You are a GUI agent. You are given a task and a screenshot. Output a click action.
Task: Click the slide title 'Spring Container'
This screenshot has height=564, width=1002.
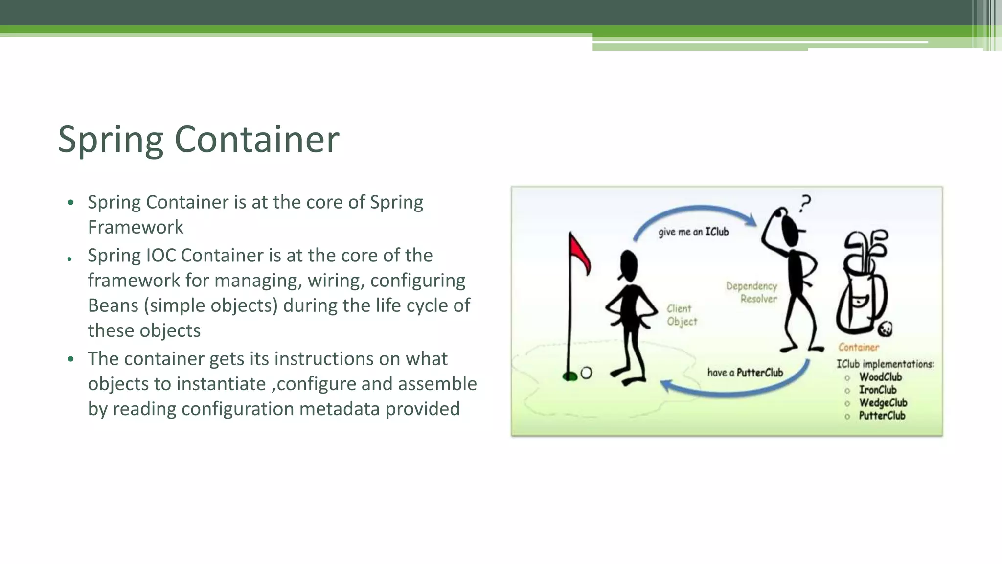tap(198, 140)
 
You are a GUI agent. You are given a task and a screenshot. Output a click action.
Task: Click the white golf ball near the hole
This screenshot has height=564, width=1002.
tap(586, 374)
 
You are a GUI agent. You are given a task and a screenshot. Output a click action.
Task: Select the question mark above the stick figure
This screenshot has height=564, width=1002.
tap(805, 203)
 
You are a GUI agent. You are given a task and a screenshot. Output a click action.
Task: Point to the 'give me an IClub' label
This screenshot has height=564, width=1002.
tap(693, 232)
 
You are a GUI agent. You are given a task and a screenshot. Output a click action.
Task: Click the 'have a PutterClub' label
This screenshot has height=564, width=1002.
tap(745, 373)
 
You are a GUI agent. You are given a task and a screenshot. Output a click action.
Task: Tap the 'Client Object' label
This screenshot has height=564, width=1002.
tap(681, 315)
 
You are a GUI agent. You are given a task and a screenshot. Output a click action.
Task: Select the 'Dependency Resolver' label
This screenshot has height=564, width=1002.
tap(752, 292)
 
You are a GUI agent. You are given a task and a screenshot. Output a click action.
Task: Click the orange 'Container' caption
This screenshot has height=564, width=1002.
tap(858, 347)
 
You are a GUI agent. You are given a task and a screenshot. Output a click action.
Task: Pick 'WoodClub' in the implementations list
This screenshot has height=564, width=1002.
tap(880, 377)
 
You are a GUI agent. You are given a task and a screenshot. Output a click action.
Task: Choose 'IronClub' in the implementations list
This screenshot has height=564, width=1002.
tap(878, 390)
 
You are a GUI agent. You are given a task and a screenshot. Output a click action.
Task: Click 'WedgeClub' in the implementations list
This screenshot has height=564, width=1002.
tap(883, 402)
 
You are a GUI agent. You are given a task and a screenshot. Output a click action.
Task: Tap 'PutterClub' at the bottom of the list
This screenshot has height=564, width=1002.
tap(882, 416)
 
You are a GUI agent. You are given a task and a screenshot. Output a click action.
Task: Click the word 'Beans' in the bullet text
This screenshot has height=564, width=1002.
tap(113, 305)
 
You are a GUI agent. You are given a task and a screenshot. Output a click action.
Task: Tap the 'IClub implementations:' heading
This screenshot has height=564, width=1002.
tap(885, 364)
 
